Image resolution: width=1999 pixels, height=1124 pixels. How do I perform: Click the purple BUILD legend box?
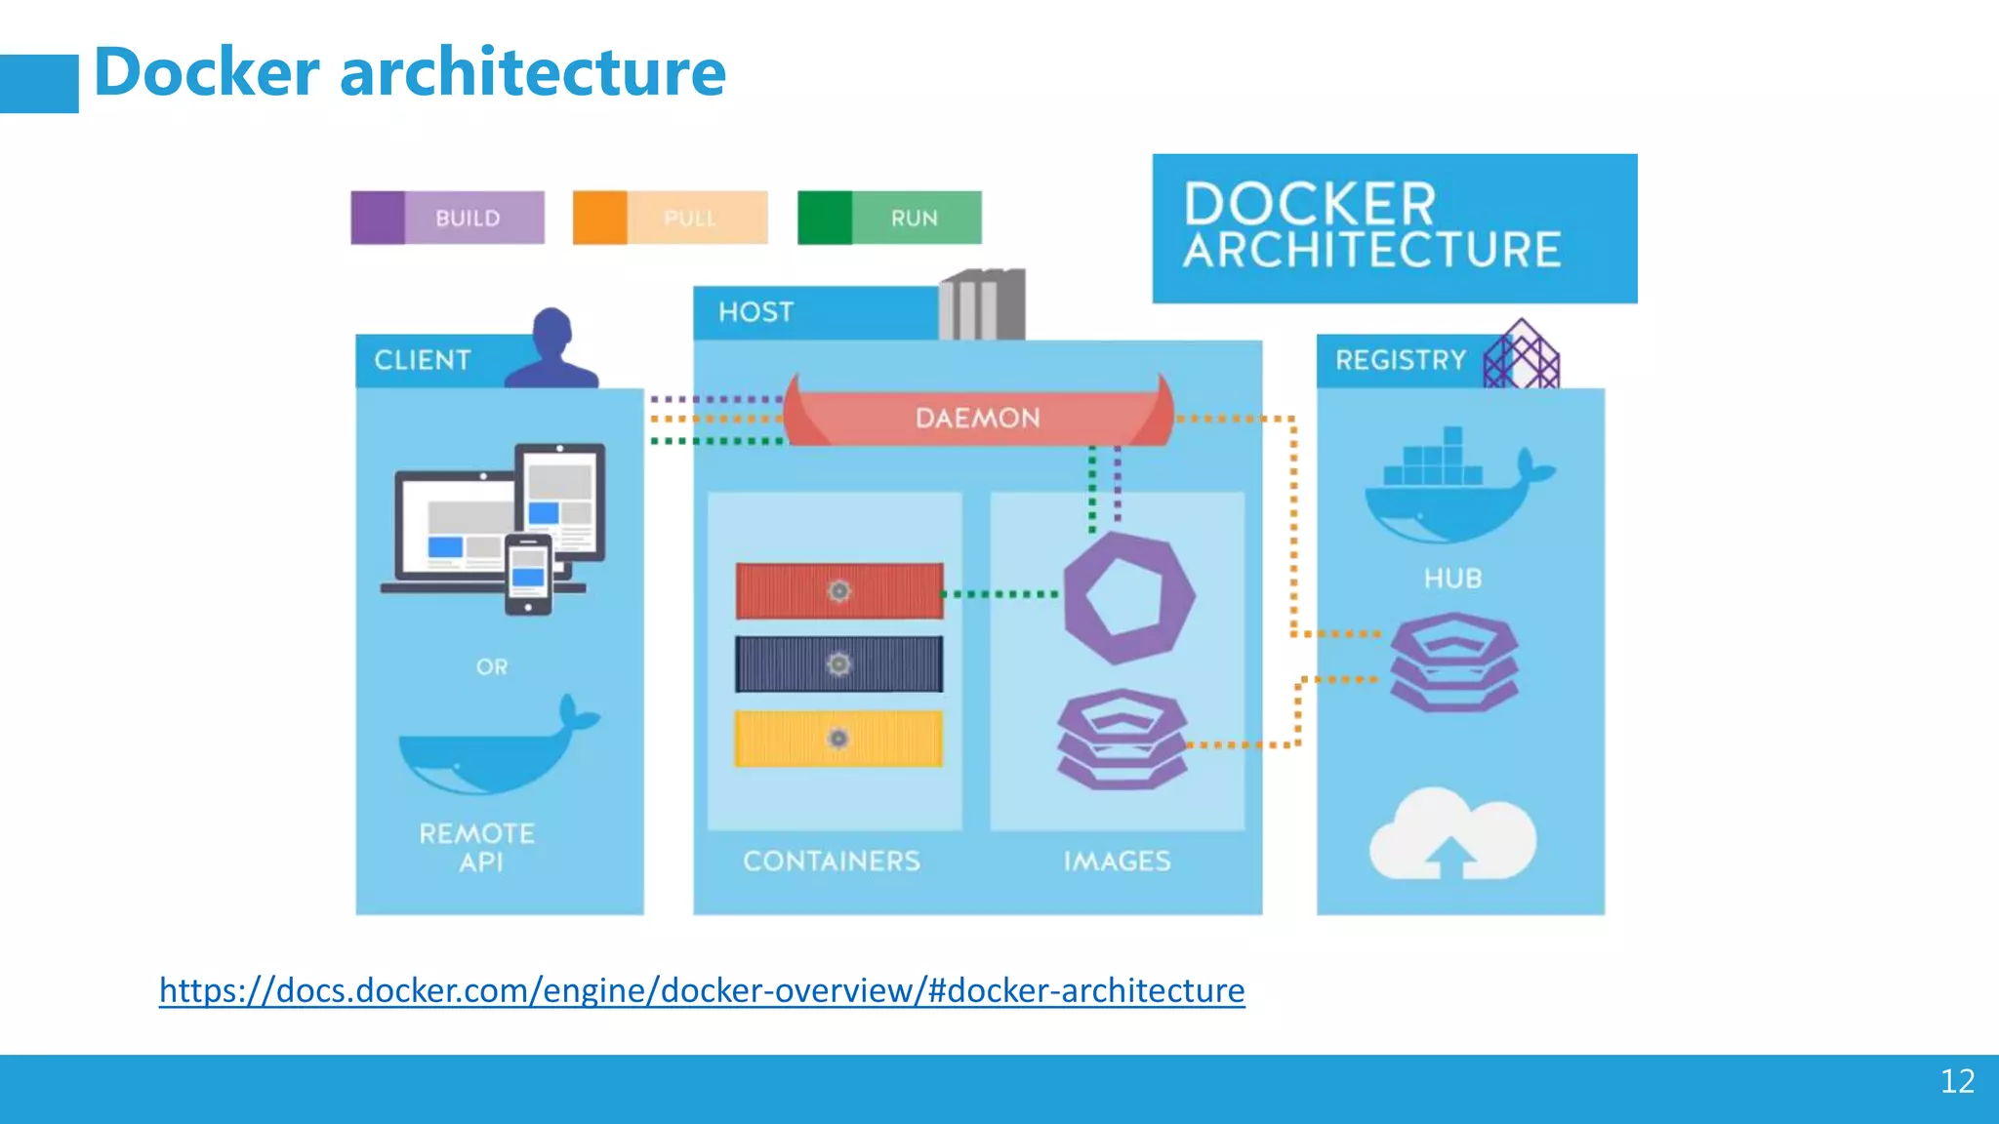click(447, 218)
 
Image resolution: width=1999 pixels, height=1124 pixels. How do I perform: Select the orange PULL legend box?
click(670, 218)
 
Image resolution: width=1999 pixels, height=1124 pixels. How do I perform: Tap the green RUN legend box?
click(889, 218)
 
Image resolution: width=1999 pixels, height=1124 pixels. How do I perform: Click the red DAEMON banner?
click(977, 418)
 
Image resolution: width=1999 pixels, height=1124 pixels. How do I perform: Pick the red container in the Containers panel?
click(839, 591)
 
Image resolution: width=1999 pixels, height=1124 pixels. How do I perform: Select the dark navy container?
click(839, 664)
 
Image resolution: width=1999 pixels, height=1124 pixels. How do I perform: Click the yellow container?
click(839, 739)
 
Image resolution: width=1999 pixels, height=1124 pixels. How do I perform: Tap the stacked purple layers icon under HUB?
click(1453, 662)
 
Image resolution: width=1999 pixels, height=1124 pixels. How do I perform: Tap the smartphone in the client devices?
click(528, 575)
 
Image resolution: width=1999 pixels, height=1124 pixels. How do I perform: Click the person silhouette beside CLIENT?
click(552, 349)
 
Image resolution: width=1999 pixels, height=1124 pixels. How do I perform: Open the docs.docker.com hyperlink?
click(702, 990)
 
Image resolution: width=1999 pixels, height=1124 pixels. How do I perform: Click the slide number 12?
click(1956, 1081)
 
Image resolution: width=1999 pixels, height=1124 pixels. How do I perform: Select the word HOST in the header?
click(755, 312)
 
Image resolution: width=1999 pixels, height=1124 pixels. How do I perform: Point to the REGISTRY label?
click(1401, 360)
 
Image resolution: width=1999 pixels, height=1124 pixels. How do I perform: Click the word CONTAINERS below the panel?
click(832, 861)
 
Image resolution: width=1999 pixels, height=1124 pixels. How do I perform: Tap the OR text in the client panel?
click(492, 667)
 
